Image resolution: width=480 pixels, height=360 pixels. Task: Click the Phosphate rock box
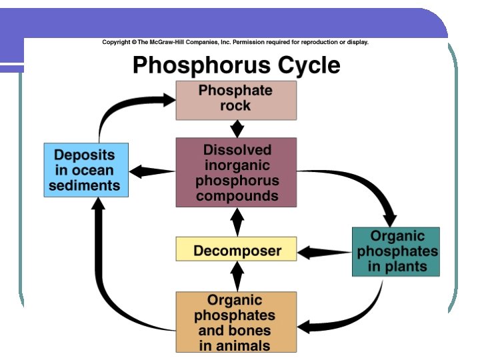click(x=236, y=100)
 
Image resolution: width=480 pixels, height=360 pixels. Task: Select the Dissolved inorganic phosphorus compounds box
click(x=236, y=172)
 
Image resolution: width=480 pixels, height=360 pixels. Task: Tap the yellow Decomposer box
click(x=236, y=251)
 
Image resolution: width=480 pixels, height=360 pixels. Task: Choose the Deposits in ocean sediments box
click(x=86, y=169)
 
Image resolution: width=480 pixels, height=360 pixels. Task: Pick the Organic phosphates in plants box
click(x=396, y=251)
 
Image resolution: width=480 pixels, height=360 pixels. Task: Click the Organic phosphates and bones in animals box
click(x=236, y=322)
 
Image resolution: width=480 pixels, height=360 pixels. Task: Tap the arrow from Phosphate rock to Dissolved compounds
click(x=236, y=129)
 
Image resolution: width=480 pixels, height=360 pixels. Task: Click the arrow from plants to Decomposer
click(x=324, y=253)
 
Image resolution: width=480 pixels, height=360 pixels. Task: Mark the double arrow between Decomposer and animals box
click(x=237, y=276)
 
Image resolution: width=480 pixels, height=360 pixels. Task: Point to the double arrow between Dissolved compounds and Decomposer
click(x=237, y=222)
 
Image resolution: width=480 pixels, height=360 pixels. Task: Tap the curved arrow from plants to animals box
click(x=353, y=317)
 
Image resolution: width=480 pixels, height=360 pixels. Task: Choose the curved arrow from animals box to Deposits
click(x=113, y=293)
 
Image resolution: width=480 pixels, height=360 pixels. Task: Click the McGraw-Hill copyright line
click(x=235, y=42)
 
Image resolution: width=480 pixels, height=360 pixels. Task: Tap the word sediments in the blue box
click(x=84, y=185)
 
